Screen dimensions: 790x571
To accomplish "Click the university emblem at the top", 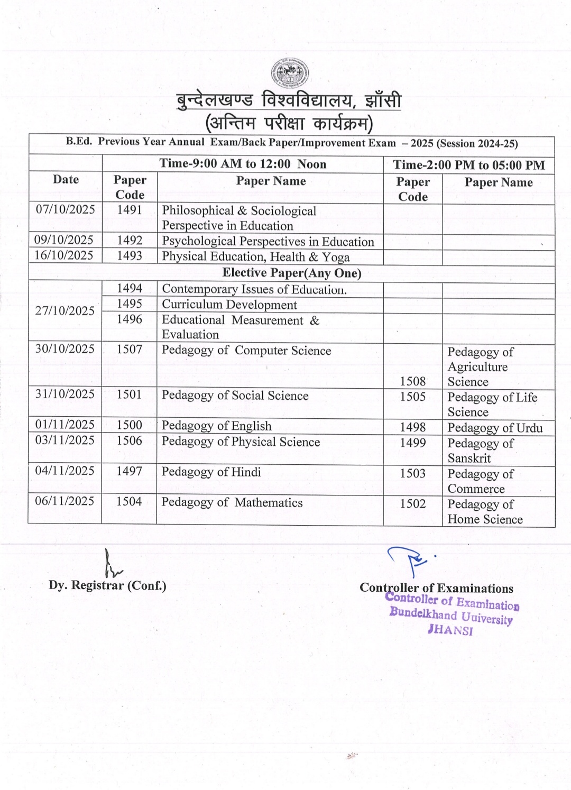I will tap(290, 74).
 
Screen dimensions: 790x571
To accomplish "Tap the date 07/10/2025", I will tap(65, 209).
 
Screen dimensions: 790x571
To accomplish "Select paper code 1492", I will tap(130, 241).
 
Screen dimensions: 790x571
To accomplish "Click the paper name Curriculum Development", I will tap(229, 305).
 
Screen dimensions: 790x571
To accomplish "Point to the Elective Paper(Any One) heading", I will tap(292, 273).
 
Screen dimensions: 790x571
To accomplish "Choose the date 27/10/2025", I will tap(65, 311).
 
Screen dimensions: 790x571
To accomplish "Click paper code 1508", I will tap(412, 381).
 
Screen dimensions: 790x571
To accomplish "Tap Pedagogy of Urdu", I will tap(495, 428).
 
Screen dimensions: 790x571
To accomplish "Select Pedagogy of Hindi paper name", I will tap(211, 472).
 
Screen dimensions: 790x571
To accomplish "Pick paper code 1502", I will tap(412, 503).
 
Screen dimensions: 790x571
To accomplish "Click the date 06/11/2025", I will tap(65, 501).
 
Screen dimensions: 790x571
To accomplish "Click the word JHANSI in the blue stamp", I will tap(450, 630).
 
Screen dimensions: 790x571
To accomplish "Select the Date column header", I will tap(66, 179).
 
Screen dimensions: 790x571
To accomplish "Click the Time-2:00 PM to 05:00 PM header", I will tap(468, 165).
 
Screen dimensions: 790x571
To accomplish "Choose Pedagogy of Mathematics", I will tap(232, 502).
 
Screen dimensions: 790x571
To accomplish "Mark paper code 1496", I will tap(130, 319).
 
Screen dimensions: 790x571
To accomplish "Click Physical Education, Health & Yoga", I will tap(256, 257).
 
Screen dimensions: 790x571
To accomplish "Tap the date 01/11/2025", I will tap(65, 425).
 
